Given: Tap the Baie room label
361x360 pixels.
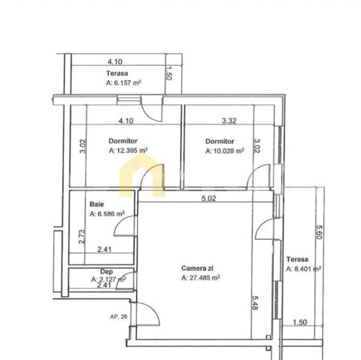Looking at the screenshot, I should [x=96, y=205].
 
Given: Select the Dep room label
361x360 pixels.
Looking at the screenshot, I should [x=97, y=272].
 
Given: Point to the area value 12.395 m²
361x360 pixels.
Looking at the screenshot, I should [x=128, y=152].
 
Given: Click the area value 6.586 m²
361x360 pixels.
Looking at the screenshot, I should [x=107, y=214].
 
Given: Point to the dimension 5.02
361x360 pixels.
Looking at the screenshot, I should [x=208, y=199].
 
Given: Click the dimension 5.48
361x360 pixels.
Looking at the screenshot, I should [x=254, y=302].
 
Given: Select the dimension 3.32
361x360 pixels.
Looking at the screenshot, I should [x=229, y=120].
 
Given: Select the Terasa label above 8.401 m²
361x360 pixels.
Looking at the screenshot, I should [x=298, y=259].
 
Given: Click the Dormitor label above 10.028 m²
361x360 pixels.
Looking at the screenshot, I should [x=220, y=141].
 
